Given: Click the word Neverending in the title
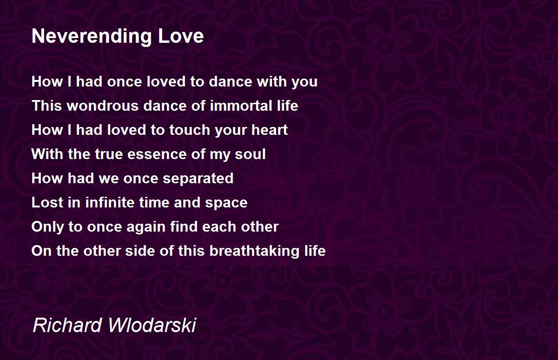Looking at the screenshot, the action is (x=92, y=37).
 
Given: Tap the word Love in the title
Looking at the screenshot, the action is (x=180, y=36).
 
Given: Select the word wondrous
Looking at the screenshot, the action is (x=103, y=106).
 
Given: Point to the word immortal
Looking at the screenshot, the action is (x=241, y=106).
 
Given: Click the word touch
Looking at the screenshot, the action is (x=190, y=130).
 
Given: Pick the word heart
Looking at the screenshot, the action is (x=270, y=130).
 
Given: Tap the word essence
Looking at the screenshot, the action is (x=157, y=154).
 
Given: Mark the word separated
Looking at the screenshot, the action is (x=198, y=179).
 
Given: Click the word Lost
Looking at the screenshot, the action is (x=47, y=202).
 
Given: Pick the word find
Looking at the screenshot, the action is (x=184, y=227).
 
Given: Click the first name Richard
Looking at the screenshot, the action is (x=67, y=325).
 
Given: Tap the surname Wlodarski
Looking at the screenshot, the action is (x=152, y=325).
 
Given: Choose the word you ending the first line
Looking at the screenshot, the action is (x=305, y=82).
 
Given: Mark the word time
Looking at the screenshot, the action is (x=154, y=202).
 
